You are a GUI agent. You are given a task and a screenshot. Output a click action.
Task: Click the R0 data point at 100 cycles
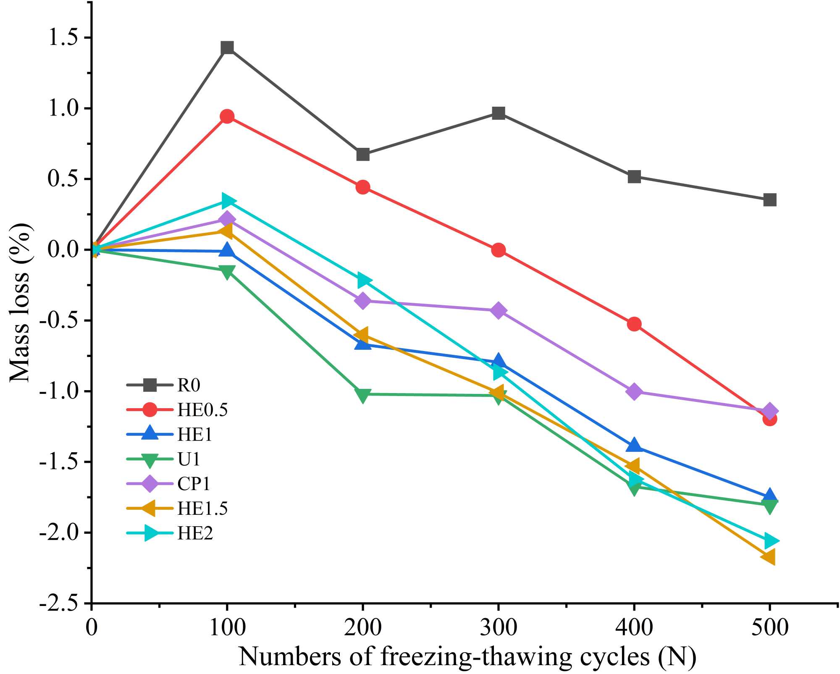(x=227, y=48)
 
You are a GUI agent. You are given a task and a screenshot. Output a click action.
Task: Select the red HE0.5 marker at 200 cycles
(x=363, y=187)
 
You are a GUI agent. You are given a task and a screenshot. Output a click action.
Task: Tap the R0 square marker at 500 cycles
(x=769, y=199)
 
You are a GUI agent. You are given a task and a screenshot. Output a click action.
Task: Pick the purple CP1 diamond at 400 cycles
(x=634, y=391)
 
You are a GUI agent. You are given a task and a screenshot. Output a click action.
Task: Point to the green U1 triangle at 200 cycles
(x=362, y=395)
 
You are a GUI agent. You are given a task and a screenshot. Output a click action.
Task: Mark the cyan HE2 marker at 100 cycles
(x=228, y=201)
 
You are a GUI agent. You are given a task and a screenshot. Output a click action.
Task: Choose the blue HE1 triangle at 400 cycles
(x=634, y=445)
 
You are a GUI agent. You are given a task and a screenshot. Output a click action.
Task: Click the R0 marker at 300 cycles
(x=499, y=113)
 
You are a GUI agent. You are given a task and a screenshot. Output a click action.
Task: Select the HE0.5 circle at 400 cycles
(x=634, y=324)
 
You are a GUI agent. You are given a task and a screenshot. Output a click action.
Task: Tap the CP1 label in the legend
(x=193, y=484)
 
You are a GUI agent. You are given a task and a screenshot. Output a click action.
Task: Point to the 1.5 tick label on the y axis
(x=63, y=37)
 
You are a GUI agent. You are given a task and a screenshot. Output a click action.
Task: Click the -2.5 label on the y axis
(x=59, y=603)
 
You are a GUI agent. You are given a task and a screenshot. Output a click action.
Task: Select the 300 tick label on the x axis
(x=499, y=628)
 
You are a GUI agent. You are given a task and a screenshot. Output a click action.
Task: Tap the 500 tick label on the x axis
(x=769, y=628)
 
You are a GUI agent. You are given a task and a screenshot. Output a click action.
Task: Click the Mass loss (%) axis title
(x=19, y=302)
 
